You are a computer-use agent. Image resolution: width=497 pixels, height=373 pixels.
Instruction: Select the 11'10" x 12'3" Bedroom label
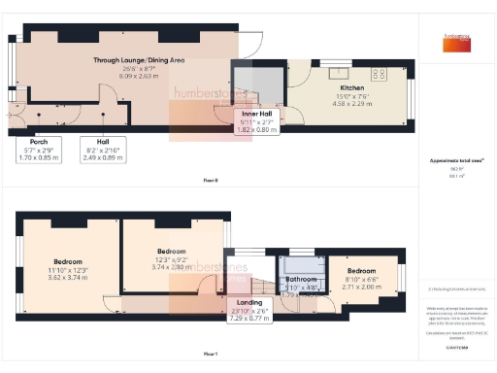tap(68, 261)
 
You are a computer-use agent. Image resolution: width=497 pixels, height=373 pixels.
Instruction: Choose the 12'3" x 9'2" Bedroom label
tap(171, 252)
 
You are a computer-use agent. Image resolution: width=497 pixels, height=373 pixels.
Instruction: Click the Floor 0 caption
tap(211, 180)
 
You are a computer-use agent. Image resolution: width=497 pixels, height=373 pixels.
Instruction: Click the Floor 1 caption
tap(211, 356)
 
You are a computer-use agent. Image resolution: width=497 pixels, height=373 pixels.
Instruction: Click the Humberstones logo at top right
tap(455, 38)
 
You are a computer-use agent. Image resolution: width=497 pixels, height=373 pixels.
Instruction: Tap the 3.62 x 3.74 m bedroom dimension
tap(68, 276)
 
